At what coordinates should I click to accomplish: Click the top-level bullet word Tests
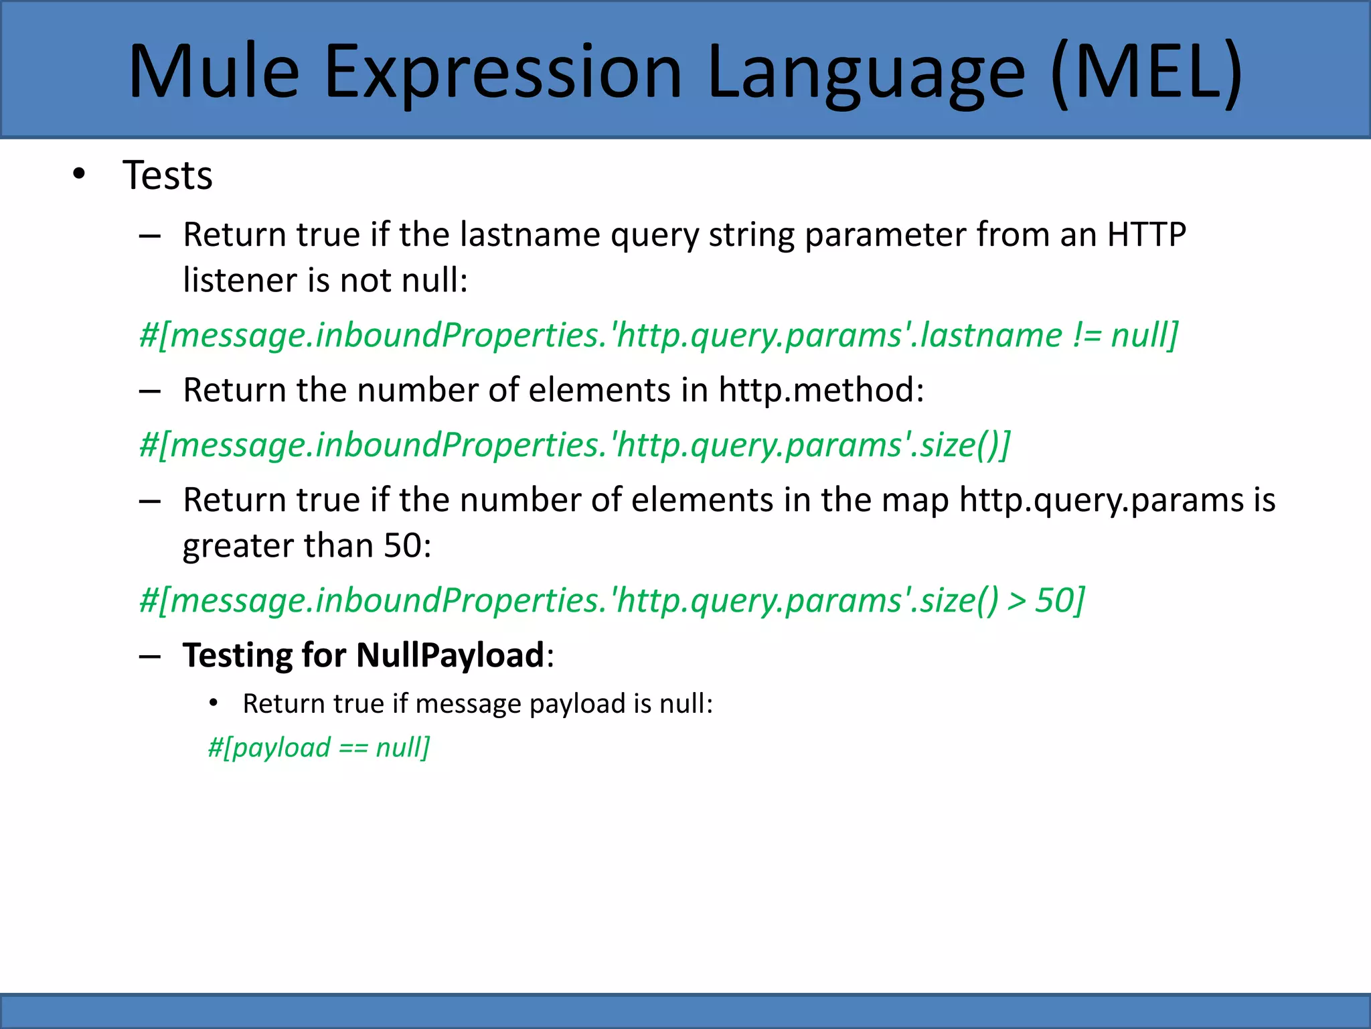(167, 176)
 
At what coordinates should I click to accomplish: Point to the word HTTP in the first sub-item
(1146, 234)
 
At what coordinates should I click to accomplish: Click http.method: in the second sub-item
(821, 390)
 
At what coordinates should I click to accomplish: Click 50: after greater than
(407, 545)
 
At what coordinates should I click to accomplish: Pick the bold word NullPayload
(451, 655)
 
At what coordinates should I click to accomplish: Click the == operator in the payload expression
(353, 748)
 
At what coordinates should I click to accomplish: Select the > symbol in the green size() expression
(1017, 600)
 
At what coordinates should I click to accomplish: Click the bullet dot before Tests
(79, 175)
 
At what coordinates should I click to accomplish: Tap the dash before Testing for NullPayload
(149, 656)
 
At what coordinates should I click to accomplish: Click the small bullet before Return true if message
(214, 703)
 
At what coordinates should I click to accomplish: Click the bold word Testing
(237, 655)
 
